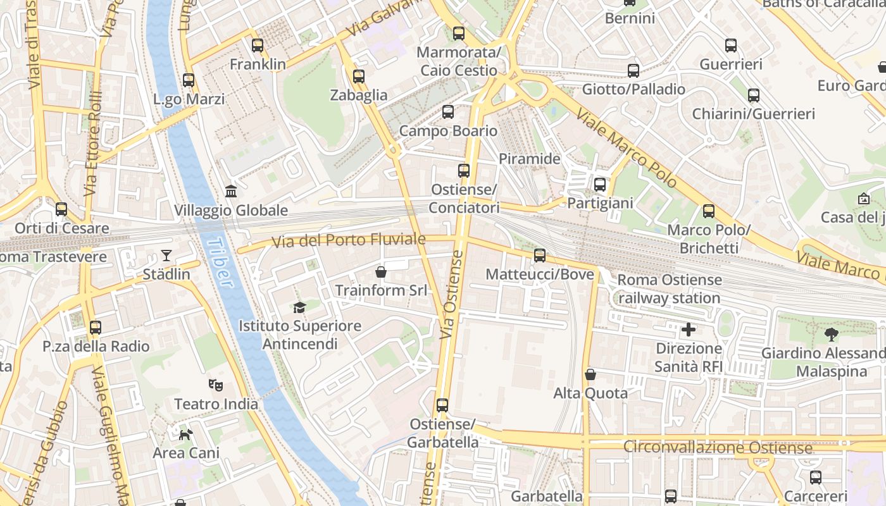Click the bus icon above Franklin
pyautogui.click(x=257, y=46)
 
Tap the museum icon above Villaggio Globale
pyautogui.click(x=231, y=191)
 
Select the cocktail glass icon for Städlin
pyautogui.click(x=166, y=256)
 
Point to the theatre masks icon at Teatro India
pyautogui.click(x=216, y=385)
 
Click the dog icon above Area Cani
pyautogui.click(x=186, y=434)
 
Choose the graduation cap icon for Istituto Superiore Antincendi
pyautogui.click(x=299, y=307)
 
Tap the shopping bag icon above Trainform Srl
pyautogui.click(x=381, y=272)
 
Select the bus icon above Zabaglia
pyautogui.click(x=359, y=77)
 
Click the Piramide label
pyautogui.click(x=530, y=159)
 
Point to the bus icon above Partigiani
pyautogui.click(x=599, y=185)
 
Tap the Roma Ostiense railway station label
pyautogui.click(x=669, y=288)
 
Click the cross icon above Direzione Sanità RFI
pyautogui.click(x=689, y=330)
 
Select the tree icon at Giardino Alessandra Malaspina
pyautogui.click(x=832, y=335)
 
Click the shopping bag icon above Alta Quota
pyautogui.click(x=590, y=374)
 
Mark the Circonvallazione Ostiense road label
pyautogui.click(x=718, y=448)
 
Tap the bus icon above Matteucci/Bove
pyautogui.click(x=539, y=256)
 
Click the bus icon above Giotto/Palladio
pyautogui.click(x=633, y=71)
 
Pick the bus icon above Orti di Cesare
pyautogui.click(x=61, y=209)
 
